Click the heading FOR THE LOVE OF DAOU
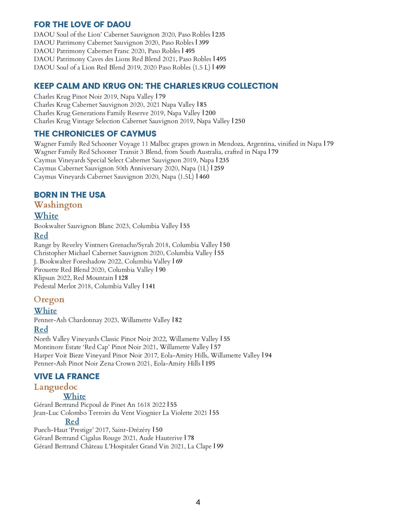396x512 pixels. point(82,25)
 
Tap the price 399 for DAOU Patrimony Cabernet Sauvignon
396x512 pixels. point(204,43)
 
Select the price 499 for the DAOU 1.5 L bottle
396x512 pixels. point(221,67)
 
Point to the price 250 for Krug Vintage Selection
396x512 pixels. point(240,121)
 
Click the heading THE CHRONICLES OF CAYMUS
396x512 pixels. point(95,134)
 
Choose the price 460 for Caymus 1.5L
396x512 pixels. point(204,177)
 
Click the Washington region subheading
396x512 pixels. point(58,205)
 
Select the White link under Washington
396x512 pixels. point(46,216)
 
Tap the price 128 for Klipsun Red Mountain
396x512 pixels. point(123,278)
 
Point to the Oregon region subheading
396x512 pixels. point(49,299)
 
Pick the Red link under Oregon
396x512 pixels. point(41,329)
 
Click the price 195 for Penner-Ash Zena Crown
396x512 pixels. point(210,363)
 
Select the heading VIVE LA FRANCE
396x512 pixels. point(67,376)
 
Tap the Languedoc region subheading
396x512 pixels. point(56,387)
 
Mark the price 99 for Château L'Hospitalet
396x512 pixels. point(220,446)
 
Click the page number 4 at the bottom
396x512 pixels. point(198,502)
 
